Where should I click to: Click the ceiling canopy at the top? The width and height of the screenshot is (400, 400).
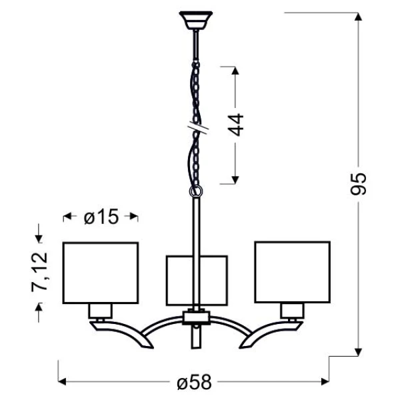click(x=195, y=21)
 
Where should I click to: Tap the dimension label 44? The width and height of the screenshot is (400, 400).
click(x=235, y=125)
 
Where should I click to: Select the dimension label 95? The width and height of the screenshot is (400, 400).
click(x=358, y=184)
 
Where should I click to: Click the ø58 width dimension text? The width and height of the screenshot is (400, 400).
click(x=195, y=382)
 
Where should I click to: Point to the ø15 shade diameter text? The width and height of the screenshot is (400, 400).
click(x=101, y=217)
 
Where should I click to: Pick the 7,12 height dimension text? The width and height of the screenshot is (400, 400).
click(x=39, y=272)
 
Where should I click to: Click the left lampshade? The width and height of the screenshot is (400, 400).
click(x=101, y=273)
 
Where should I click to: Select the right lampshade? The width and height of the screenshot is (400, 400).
click(x=293, y=272)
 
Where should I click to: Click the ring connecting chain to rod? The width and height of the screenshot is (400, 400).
click(x=196, y=191)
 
